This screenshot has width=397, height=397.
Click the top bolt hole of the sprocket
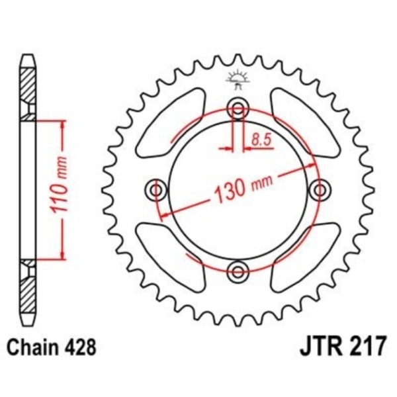238,109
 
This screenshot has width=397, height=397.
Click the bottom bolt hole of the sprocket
238,272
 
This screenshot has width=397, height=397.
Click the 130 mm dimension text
243,187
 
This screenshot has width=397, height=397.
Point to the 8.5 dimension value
262,140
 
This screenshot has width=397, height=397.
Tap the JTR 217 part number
343,346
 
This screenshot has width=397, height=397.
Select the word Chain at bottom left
34,347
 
